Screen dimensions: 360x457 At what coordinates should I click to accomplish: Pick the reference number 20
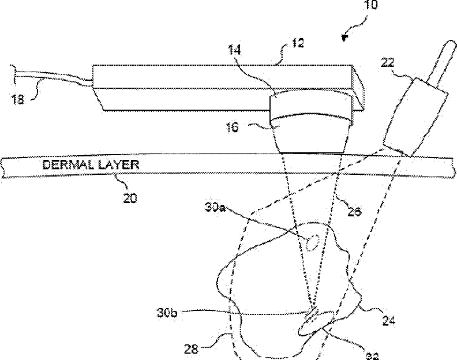[130, 198]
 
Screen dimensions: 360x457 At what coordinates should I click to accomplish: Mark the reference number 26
[354, 212]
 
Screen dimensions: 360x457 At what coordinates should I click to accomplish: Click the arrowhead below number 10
[346, 38]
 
